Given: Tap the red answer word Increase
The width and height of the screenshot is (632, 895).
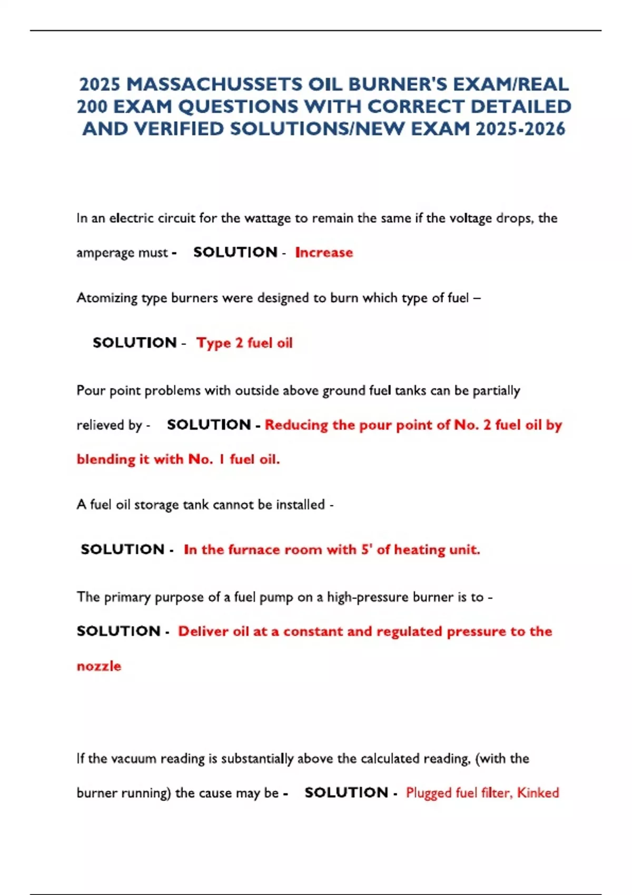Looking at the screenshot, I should tap(324, 253).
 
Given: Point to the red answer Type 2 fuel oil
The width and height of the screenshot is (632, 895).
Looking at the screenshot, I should tap(244, 343).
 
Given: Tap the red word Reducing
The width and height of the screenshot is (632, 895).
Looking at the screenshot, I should tap(296, 425).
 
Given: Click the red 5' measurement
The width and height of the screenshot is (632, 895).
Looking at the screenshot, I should tap(367, 549).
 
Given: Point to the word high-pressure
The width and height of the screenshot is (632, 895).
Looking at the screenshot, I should tap(368, 597).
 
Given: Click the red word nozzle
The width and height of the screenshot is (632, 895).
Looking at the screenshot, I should tap(99, 666).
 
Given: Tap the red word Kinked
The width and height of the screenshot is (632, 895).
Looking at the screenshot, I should tap(538, 793).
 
